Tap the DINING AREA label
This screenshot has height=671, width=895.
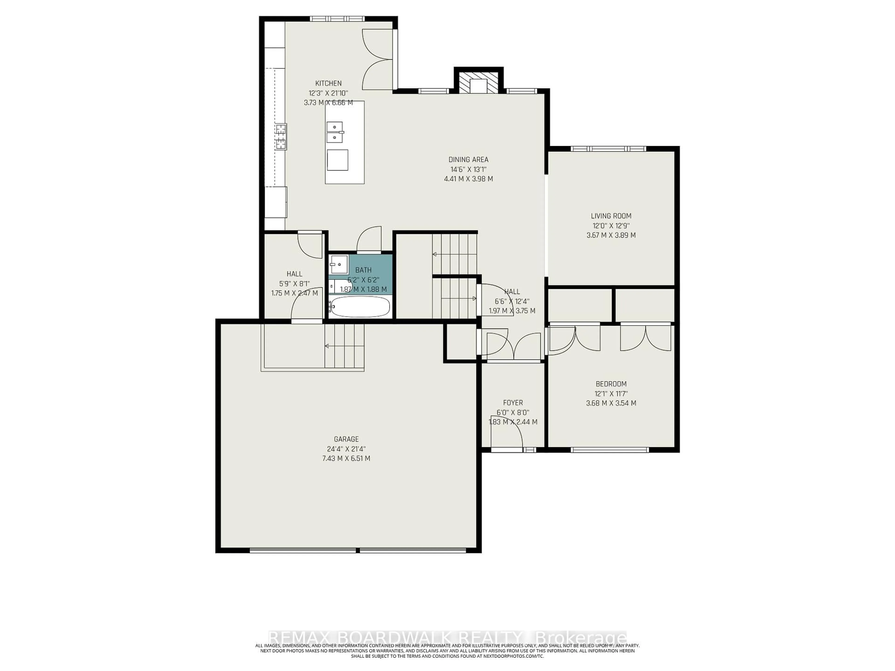click(468, 160)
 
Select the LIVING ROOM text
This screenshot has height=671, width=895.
click(611, 216)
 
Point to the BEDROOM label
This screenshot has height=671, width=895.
click(611, 384)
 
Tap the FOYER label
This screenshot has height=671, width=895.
click(513, 403)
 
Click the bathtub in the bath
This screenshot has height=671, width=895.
click(360, 307)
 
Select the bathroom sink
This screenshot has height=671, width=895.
click(339, 264)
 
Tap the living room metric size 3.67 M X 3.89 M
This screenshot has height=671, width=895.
click(611, 235)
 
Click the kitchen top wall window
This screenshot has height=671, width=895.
click(337, 19)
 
